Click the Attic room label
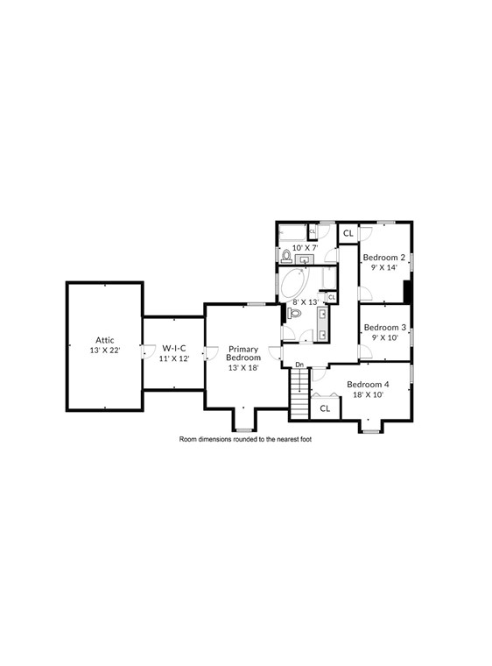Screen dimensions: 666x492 click(x=105, y=340)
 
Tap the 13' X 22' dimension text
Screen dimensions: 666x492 click(x=105, y=350)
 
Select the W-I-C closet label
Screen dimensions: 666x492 click(x=173, y=348)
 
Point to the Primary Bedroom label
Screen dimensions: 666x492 click(x=243, y=353)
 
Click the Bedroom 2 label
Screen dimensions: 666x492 click(x=384, y=258)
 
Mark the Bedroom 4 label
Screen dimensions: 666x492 click(x=368, y=385)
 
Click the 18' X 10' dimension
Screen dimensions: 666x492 click(x=368, y=394)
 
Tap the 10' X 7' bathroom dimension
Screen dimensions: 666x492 click(x=305, y=248)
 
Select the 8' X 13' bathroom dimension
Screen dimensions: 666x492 click(x=305, y=301)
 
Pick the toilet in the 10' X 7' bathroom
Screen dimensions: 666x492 click(x=287, y=256)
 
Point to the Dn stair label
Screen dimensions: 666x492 click(x=299, y=365)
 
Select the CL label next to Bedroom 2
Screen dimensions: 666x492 click(x=348, y=233)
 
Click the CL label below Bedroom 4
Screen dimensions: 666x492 click(x=325, y=408)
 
